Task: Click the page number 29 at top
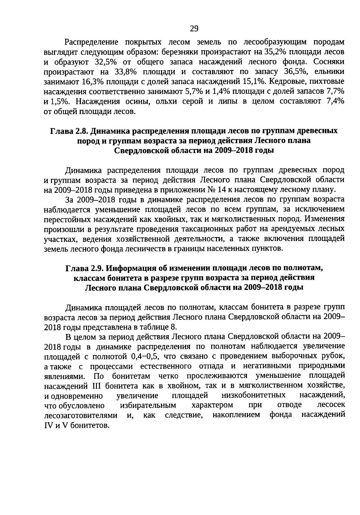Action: (194, 29)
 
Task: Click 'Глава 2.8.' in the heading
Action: (69, 131)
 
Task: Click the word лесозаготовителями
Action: (81, 415)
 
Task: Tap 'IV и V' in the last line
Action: (56, 425)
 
